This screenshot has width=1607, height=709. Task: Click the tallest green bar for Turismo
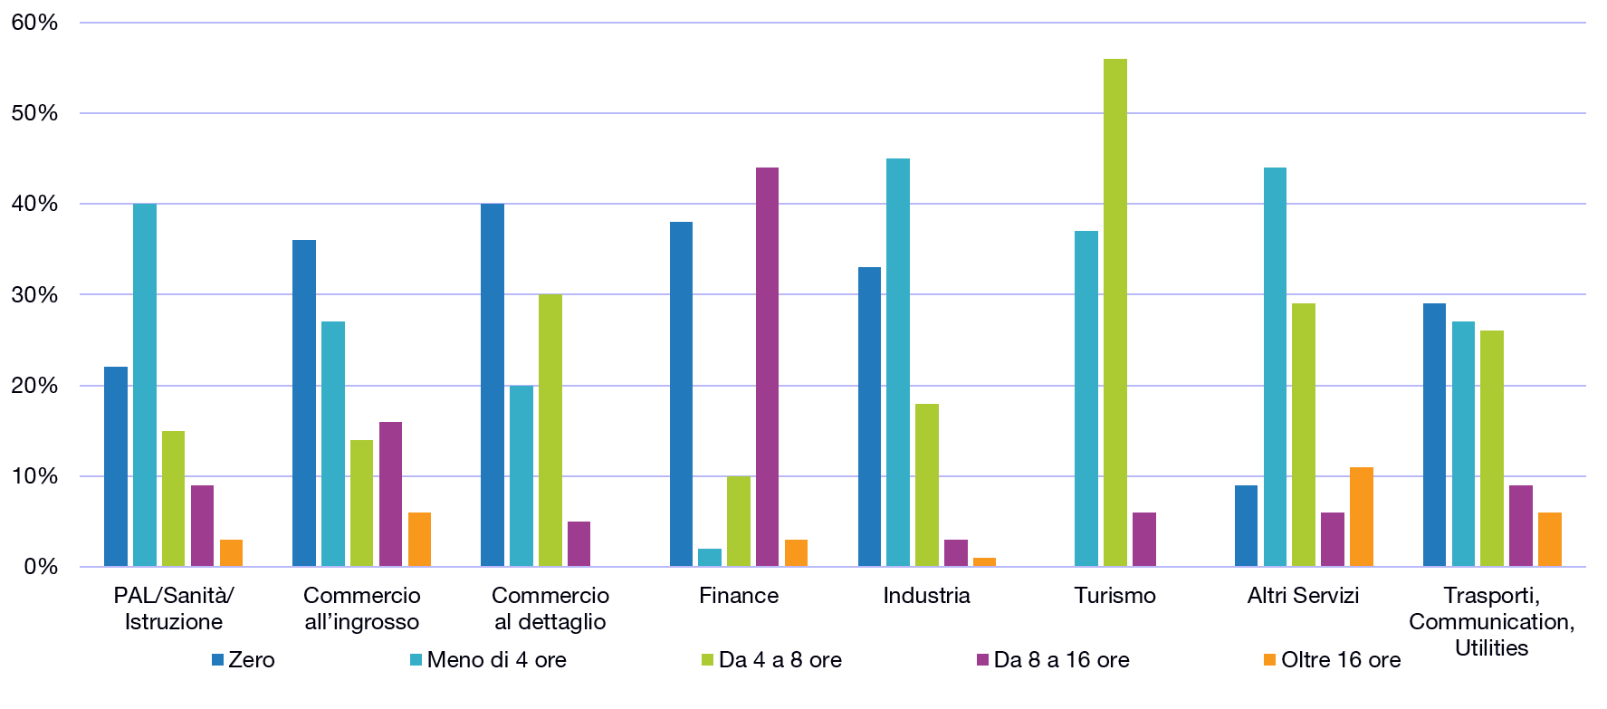1115,312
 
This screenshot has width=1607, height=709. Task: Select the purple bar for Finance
767,367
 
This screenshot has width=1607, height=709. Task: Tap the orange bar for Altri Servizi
1361,517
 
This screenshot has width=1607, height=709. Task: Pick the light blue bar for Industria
898,362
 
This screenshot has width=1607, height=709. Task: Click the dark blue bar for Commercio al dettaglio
493,385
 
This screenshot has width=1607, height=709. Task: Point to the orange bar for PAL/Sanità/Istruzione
231,553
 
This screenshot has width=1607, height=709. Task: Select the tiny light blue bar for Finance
710,558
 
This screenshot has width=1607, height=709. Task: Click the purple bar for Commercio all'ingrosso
390,494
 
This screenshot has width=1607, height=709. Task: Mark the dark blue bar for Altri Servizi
1246,526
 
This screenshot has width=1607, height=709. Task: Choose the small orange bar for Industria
984,562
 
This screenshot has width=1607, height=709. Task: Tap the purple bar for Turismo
1144,540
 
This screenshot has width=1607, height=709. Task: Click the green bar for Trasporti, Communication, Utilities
1492,448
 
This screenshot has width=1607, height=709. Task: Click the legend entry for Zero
244,660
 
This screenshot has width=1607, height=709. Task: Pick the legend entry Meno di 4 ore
489,660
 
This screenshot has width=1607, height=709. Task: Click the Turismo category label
1115,596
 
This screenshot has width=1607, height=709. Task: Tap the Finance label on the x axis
738,596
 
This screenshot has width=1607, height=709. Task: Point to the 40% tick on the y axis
36,204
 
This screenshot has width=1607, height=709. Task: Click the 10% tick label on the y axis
36,475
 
